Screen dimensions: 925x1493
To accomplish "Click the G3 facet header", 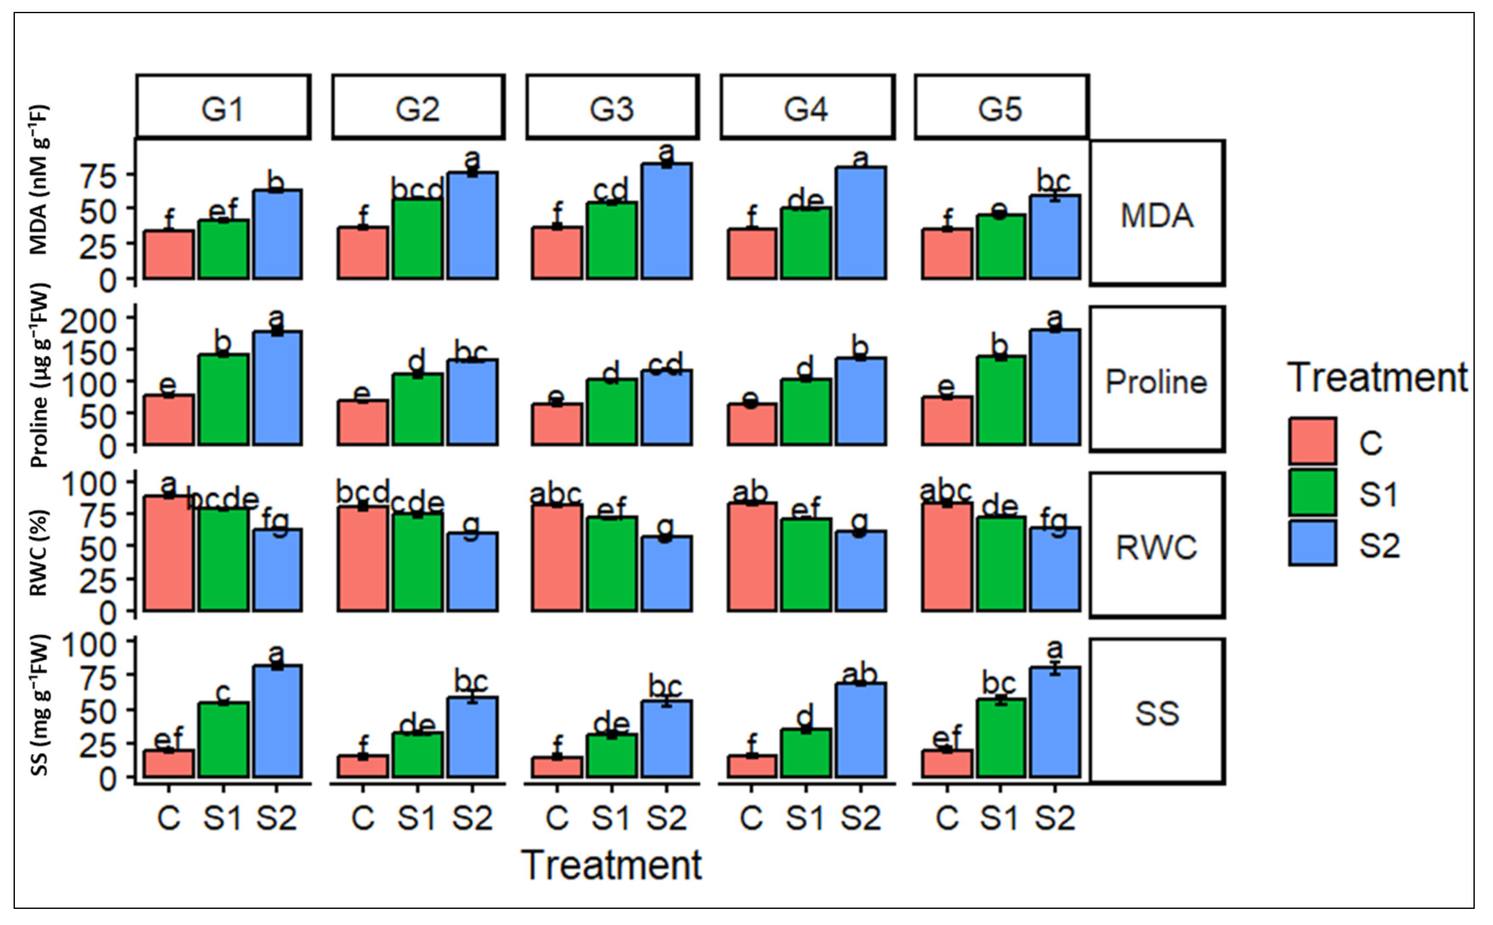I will (x=612, y=108).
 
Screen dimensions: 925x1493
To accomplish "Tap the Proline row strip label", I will (x=1156, y=380).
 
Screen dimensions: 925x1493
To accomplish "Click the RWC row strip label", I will (x=1156, y=546).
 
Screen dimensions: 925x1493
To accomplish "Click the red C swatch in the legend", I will (x=1312, y=441).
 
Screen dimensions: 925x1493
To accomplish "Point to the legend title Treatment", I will (x=1377, y=377).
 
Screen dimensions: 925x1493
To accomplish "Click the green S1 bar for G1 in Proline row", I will (x=223, y=399).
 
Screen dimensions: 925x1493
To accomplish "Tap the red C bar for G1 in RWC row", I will (x=169, y=554).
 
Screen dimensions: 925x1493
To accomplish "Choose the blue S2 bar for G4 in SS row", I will (x=860, y=731).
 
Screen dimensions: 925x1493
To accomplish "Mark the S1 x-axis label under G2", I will (x=417, y=817).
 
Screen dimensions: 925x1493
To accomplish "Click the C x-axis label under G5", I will (x=947, y=817).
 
